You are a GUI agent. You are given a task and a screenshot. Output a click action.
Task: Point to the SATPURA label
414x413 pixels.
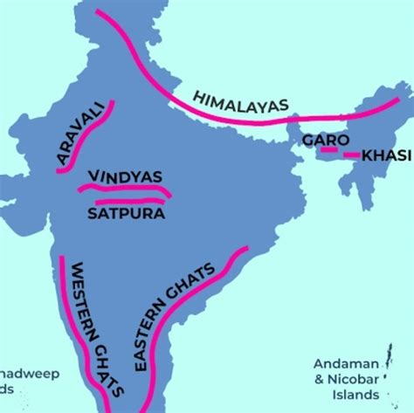pos(126,212)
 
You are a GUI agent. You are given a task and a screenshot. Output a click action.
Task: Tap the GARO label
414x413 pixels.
pos(326,140)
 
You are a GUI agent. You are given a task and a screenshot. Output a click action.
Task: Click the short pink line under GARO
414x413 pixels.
pos(328,150)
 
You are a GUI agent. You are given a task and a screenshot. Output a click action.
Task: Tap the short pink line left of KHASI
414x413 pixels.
pos(351,155)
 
